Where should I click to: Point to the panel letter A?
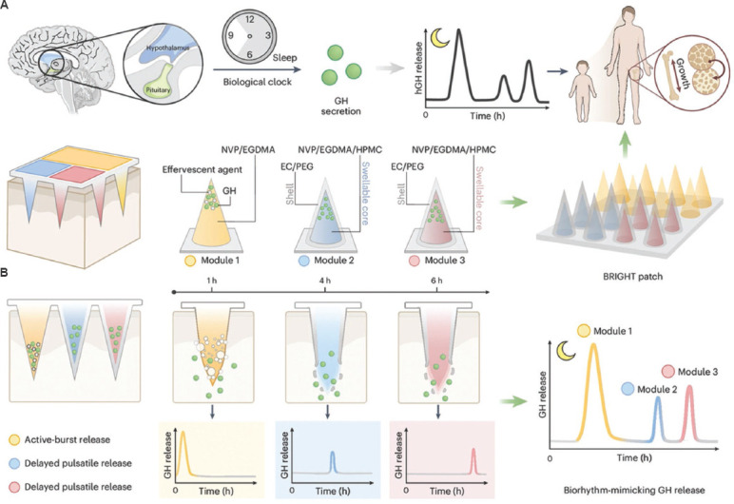9,9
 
